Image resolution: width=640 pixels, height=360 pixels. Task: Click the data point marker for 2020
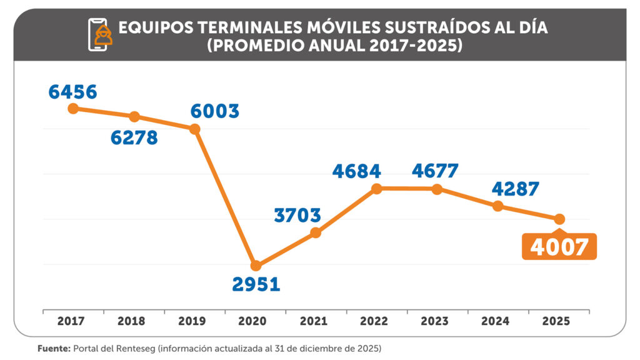(256, 266)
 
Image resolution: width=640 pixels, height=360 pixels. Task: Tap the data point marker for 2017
(73, 108)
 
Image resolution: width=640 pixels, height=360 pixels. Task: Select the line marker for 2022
(376, 189)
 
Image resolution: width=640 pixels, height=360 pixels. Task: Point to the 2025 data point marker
(559, 219)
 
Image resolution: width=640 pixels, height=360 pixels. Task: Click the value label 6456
(73, 92)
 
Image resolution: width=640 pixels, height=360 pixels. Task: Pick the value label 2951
(256, 284)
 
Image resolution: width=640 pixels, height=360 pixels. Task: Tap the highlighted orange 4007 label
(559, 247)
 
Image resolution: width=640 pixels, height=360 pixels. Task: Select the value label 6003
(215, 111)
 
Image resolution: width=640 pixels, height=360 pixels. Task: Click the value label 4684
(356, 171)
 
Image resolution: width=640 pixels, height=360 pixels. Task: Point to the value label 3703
(297, 216)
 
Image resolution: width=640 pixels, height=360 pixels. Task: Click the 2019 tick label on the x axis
(194, 322)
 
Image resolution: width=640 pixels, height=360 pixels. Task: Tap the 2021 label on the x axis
(316, 322)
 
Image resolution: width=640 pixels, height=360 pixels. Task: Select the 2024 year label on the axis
(498, 322)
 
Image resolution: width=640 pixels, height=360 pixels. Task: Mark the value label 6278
(134, 137)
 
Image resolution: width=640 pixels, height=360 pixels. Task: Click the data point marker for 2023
(437, 189)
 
